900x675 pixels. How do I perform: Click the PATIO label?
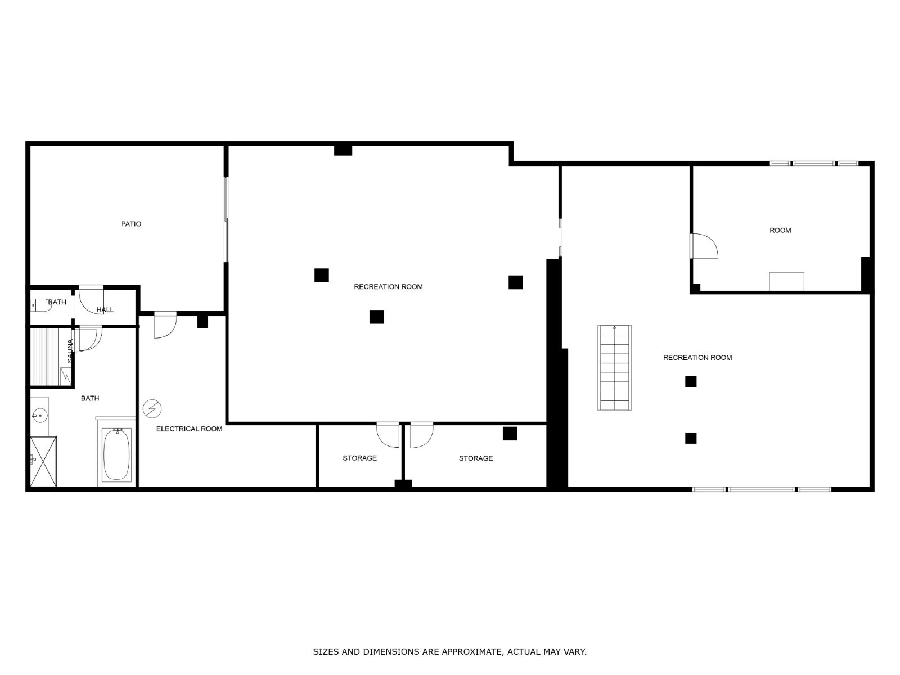tap(131, 224)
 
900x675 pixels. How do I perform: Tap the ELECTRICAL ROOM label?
tap(189, 429)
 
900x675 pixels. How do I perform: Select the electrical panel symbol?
tap(152, 408)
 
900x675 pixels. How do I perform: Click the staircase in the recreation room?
tap(614, 368)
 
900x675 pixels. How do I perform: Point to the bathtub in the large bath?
tap(117, 454)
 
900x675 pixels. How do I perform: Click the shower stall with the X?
tap(43, 461)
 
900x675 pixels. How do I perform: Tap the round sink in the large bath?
tap(40, 416)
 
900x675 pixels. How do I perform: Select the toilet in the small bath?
tap(41, 305)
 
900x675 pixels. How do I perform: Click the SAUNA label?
tap(70, 351)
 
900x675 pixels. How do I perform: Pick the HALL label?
tap(105, 310)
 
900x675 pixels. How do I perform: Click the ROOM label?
tap(780, 230)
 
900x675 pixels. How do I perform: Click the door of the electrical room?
tap(165, 325)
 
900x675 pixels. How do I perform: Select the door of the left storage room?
tap(388, 435)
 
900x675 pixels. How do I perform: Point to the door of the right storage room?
tap(421, 435)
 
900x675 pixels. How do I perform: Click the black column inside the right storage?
tap(510, 434)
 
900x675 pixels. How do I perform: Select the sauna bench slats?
tap(44, 357)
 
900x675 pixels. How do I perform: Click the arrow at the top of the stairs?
tap(614, 327)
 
